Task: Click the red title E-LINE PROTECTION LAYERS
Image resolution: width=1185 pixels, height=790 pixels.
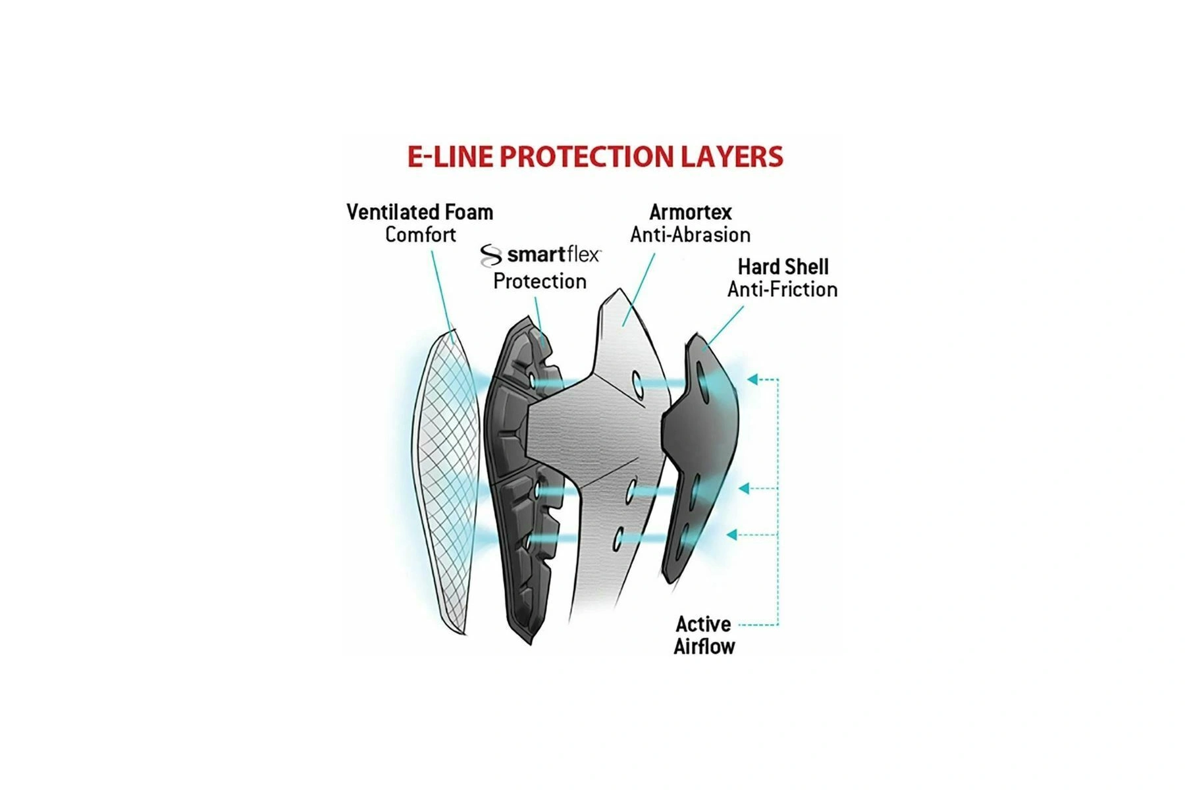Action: click(595, 157)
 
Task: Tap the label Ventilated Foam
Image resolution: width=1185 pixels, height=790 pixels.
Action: click(420, 212)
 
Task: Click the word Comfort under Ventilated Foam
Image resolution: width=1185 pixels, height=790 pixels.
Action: click(420, 234)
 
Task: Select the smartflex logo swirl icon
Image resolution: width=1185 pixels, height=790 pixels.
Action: click(490, 255)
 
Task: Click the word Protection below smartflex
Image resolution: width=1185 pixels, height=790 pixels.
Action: click(540, 281)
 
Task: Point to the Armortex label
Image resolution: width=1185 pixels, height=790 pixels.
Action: click(691, 212)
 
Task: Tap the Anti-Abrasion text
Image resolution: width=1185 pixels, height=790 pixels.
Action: click(691, 234)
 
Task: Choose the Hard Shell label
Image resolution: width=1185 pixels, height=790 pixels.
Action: click(783, 267)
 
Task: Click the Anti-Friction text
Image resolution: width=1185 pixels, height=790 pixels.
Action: click(783, 289)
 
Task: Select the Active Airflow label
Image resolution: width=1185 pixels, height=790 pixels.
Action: click(704, 635)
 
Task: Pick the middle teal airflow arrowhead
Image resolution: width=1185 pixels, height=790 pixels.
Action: click(744, 488)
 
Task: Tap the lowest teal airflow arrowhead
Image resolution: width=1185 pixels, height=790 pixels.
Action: click(732, 535)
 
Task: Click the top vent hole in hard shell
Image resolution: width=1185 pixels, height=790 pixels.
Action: click(703, 384)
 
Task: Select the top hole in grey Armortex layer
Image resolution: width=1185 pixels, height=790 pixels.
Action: click(637, 385)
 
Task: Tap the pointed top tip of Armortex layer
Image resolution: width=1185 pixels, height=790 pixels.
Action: click(619, 288)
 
